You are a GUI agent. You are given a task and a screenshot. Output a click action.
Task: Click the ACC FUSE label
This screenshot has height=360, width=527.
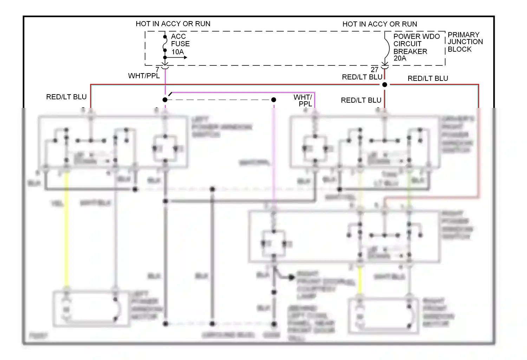[x=180, y=40]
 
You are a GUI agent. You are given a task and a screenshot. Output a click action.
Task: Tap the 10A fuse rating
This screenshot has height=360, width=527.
[x=178, y=52]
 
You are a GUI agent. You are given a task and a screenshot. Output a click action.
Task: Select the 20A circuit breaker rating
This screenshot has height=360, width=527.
[x=400, y=58]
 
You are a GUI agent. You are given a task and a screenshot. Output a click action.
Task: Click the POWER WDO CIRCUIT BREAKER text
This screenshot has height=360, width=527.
[x=416, y=44]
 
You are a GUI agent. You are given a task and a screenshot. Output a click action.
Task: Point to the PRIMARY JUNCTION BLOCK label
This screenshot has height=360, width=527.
[x=465, y=42]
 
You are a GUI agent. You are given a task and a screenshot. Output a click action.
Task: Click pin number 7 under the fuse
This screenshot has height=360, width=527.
[x=157, y=70]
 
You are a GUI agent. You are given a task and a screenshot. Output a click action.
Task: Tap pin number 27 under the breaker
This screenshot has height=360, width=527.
[x=375, y=70]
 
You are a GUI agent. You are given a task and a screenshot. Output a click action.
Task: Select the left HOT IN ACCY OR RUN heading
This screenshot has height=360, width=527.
[x=173, y=24]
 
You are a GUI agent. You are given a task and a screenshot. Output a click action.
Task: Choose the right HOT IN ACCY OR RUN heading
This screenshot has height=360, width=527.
[x=379, y=24]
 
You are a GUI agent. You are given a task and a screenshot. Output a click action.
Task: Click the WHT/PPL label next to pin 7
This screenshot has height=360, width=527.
[x=144, y=76]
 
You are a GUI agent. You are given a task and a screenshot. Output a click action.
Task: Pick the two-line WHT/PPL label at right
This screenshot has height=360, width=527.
[x=303, y=100]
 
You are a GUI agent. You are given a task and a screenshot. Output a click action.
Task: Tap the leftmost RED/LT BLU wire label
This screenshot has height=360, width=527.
[x=66, y=97]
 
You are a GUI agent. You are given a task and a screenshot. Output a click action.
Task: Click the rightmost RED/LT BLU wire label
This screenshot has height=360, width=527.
[x=428, y=78]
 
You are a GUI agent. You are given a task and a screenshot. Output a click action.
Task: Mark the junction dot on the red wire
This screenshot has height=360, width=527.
[x=385, y=85]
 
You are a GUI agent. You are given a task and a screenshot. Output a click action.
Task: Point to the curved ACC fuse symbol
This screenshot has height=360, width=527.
[x=165, y=44]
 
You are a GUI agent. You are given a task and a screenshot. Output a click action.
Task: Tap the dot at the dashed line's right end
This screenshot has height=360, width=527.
[x=274, y=100]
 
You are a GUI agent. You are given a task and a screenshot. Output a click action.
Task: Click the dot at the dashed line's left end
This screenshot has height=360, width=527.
[x=165, y=100]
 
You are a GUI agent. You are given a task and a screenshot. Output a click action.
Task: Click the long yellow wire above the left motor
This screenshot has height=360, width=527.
[x=66, y=229]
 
